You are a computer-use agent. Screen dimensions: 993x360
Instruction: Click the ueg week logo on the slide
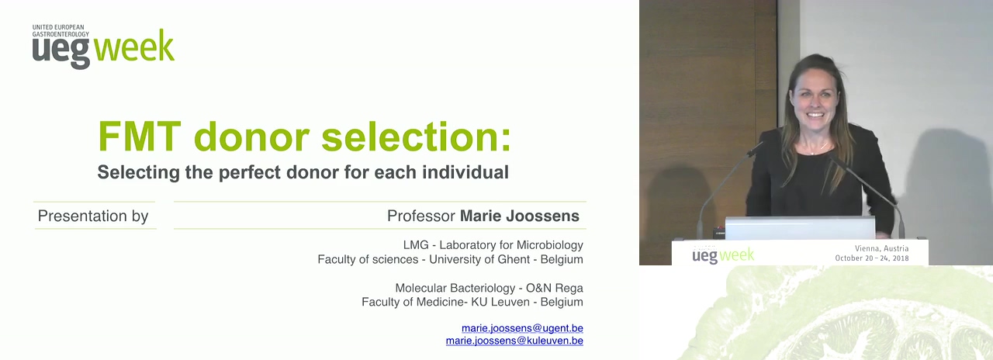[x=103, y=47]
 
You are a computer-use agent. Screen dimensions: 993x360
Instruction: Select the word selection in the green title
[x=417, y=136]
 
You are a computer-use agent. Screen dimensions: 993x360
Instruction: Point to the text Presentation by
[x=93, y=216]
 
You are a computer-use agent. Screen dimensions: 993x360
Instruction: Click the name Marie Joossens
[x=520, y=216]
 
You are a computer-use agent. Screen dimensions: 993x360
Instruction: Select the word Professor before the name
[x=421, y=216]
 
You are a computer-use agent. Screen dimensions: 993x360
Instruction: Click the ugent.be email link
[x=522, y=328]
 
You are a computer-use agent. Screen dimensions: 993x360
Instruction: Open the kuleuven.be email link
[x=514, y=341]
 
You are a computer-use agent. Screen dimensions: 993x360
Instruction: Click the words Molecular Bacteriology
[x=455, y=288]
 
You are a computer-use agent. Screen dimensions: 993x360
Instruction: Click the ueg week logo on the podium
[x=722, y=255]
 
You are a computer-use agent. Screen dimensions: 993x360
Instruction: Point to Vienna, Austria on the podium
[x=882, y=248]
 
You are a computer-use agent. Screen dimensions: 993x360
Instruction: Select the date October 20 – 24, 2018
[x=872, y=258]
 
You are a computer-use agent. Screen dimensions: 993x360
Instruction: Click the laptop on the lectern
[x=800, y=228]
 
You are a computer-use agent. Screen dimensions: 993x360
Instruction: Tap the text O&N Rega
[x=554, y=288]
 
